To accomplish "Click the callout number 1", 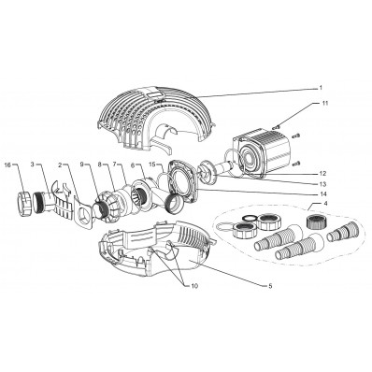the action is click(321, 88).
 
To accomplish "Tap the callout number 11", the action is click(325, 103).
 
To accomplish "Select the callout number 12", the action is click(322, 173).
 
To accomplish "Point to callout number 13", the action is click(322, 183).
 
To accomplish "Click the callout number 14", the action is click(322, 193).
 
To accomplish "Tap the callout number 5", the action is click(270, 285).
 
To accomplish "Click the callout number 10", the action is click(193, 285).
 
